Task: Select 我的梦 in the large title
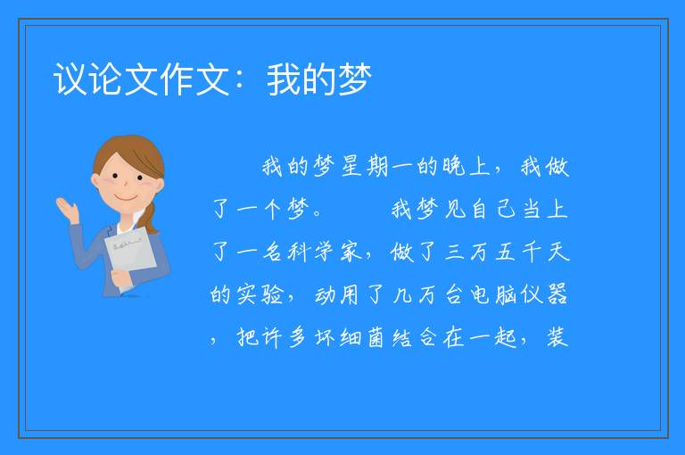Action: [x=319, y=79]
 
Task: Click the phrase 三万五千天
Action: [x=507, y=252]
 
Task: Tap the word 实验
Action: [x=260, y=294]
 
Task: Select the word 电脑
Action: [x=493, y=294]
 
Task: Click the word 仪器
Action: [x=544, y=294]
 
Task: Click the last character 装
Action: [x=557, y=337]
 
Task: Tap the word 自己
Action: [x=493, y=209]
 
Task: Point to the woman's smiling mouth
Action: [x=126, y=197]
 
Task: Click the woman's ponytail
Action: [x=149, y=218]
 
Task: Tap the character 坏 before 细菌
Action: [x=326, y=337]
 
